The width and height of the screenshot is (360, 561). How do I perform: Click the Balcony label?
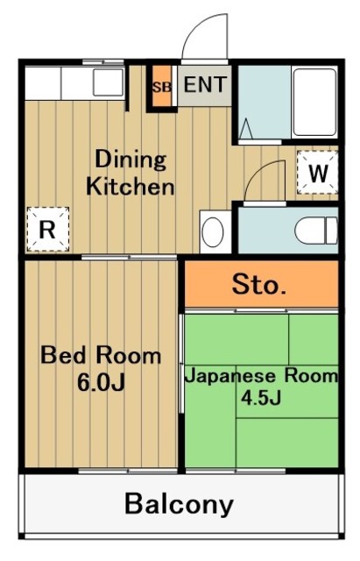[x=179, y=504]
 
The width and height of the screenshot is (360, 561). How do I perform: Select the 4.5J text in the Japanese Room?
[x=261, y=397]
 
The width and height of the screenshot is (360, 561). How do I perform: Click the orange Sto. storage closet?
[x=260, y=285]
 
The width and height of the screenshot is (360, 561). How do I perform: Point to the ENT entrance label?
[x=205, y=86]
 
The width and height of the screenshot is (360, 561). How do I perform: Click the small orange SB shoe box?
[x=161, y=87]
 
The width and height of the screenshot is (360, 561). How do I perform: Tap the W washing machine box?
[x=318, y=173]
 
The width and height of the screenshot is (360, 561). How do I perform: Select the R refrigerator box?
[x=46, y=230]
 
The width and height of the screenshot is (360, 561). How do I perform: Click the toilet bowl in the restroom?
[x=316, y=230]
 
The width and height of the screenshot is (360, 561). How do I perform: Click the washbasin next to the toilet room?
[x=213, y=232]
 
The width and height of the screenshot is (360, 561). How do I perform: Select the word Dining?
[x=130, y=160]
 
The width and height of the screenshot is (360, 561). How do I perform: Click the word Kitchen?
[x=130, y=187]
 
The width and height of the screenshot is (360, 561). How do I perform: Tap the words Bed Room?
[x=102, y=356]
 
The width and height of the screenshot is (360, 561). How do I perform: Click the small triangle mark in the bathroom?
[x=245, y=128]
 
